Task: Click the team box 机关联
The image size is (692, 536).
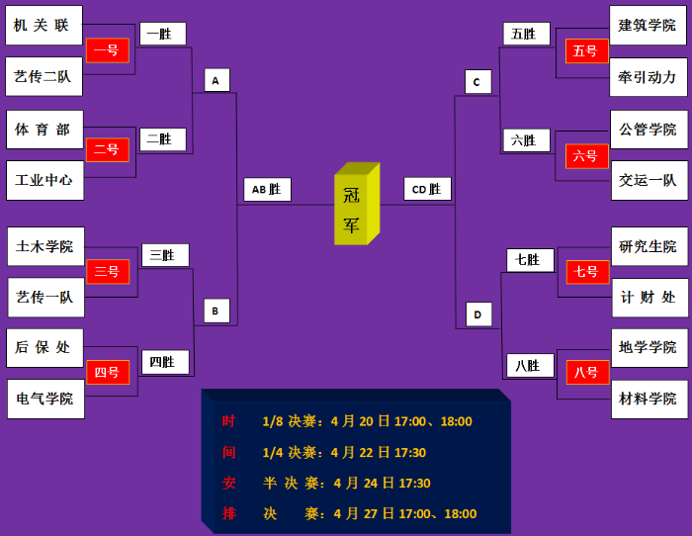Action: click(x=43, y=26)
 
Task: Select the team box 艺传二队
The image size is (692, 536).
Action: click(x=43, y=76)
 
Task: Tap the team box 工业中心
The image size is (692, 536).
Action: click(x=44, y=180)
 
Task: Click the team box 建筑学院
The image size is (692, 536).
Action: click(x=649, y=25)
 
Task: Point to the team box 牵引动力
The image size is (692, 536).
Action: click(x=649, y=76)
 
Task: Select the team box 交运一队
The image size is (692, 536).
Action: click(x=649, y=180)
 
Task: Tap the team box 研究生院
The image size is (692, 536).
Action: click(x=649, y=246)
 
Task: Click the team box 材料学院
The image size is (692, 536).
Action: click(x=649, y=399)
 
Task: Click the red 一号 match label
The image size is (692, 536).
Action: click(x=107, y=50)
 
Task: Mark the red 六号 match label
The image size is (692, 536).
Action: click(x=586, y=156)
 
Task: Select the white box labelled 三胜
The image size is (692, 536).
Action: click(x=164, y=255)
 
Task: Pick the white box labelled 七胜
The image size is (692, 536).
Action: click(x=530, y=260)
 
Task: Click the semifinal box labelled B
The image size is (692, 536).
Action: click(x=216, y=311)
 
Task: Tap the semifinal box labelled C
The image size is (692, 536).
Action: click(x=477, y=82)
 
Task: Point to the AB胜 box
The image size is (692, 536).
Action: click(x=267, y=189)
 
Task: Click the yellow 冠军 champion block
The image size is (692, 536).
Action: click(x=354, y=208)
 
